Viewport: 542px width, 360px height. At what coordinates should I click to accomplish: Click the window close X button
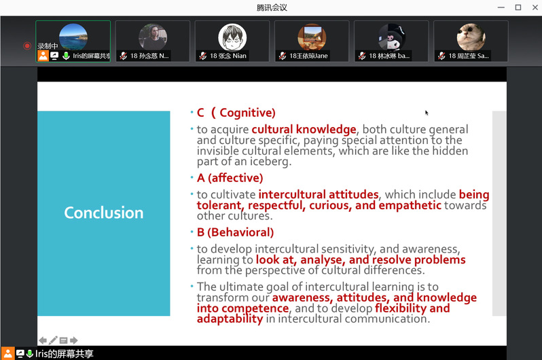(x=535, y=7)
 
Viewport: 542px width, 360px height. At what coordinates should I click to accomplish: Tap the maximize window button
(x=518, y=7)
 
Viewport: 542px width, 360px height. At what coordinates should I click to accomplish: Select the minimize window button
(x=501, y=7)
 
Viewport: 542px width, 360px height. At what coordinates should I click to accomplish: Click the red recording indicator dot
(x=27, y=46)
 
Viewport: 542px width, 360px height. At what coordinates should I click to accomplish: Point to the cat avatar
(x=471, y=37)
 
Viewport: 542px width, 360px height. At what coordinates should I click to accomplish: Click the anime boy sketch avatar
(x=232, y=37)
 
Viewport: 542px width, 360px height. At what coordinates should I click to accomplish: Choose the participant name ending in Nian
(x=228, y=56)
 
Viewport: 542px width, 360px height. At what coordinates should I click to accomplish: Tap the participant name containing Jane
(x=308, y=56)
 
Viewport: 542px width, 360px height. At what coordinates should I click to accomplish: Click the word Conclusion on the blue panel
(x=104, y=213)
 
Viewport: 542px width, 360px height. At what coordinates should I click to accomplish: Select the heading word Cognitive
(x=247, y=113)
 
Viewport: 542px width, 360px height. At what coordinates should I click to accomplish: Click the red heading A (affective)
(x=230, y=178)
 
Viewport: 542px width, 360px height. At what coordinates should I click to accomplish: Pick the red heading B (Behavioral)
(x=235, y=232)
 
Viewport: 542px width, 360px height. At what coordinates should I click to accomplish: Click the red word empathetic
(x=410, y=205)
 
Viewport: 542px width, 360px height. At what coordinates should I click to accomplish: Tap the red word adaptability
(x=230, y=319)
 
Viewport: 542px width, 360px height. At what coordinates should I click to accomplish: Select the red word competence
(x=255, y=308)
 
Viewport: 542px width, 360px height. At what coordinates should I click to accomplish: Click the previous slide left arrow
(x=43, y=340)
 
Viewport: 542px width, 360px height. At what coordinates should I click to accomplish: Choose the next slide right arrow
(x=74, y=340)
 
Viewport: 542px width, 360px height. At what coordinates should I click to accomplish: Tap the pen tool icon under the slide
(x=53, y=340)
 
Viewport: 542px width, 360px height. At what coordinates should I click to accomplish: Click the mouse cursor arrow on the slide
(x=427, y=113)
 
